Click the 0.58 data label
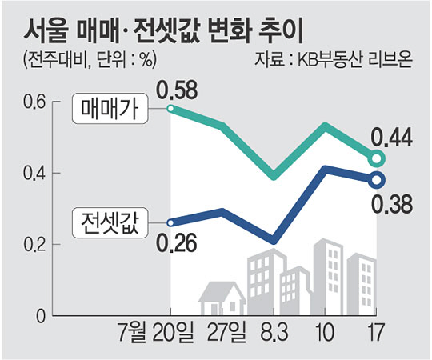pyautogui.click(x=178, y=90)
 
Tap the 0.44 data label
pyautogui.click(x=391, y=137)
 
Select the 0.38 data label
pyautogui.click(x=391, y=204)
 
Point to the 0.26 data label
pyautogui.click(x=177, y=242)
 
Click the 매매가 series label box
pyautogui.click(x=110, y=109)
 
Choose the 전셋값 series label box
pyautogui.click(x=110, y=223)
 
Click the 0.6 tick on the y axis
pyautogui.click(x=34, y=102)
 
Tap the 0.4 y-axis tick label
pyautogui.click(x=34, y=174)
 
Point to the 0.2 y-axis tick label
pyautogui.click(x=34, y=244)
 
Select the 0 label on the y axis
pyautogui.click(x=41, y=316)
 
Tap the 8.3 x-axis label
pyautogui.click(x=274, y=332)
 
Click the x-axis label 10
pyautogui.click(x=326, y=332)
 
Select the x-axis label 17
pyautogui.click(x=376, y=332)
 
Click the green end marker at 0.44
pyautogui.click(x=377, y=158)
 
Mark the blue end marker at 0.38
pyautogui.click(x=377, y=180)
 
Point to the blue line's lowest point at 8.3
pyautogui.click(x=273, y=240)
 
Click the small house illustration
pyautogui.click(x=222, y=298)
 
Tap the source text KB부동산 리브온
pyautogui.click(x=354, y=60)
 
